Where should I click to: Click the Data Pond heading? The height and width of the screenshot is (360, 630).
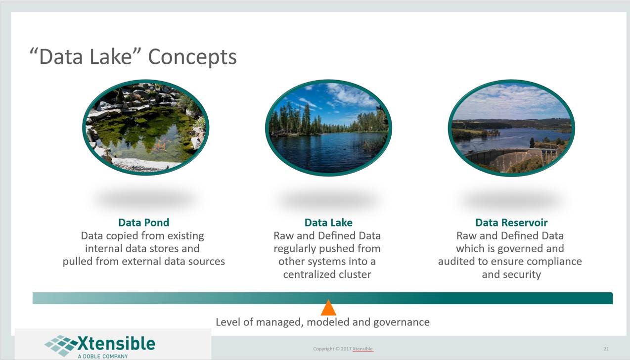point(144,223)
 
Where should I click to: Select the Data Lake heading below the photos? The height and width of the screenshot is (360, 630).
point(328,223)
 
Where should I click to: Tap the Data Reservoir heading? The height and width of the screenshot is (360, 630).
point(511,223)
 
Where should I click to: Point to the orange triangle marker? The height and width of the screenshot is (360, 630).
point(328,308)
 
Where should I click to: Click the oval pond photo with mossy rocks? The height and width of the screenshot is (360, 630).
point(146,128)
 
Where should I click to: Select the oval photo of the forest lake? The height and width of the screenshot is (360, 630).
point(328,128)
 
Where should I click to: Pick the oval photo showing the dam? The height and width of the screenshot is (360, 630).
point(511,128)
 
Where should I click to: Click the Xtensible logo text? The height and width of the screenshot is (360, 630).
point(116,343)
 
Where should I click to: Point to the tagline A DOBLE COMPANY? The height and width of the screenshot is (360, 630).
point(103,357)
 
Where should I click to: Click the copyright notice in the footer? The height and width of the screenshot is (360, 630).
point(343,349)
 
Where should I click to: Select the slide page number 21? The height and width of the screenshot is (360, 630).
point(606,349)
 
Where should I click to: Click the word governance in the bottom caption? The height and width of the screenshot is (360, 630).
point(402,322)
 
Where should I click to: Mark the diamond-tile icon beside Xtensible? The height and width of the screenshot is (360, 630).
point(61,345)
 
